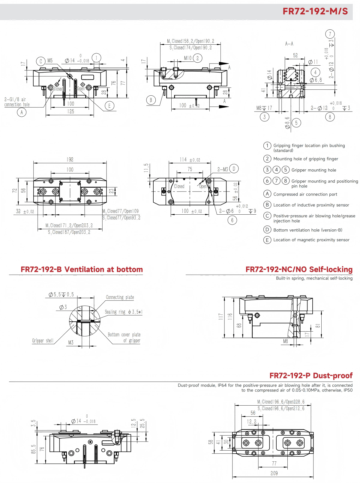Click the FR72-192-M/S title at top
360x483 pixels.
(x=315, y=11)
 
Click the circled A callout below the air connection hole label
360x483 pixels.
(x=22, y=112)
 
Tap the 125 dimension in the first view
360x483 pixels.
(x=70, y=111)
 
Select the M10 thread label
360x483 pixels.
(x=188, y=58)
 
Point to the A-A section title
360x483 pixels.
(x=289, y=44)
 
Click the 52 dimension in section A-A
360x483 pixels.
(x=295, y=55)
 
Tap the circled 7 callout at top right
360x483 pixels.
(x=330, y=34)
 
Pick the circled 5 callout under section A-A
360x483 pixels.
(x=296, y=123)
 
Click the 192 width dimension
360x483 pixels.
(x=70, y=160)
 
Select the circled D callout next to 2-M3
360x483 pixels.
(x=234, y=168)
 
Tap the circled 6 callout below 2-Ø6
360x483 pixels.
(x=232, y=220)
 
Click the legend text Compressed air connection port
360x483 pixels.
(x=305, y=194)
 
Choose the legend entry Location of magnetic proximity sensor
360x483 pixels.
(x=311, y=240)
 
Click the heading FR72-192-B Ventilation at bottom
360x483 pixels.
(x=82, y=269)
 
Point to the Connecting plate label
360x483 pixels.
(x=120, y=297)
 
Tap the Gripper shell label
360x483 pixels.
(x=43, y=341)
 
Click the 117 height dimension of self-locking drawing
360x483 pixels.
(x=221, y=316)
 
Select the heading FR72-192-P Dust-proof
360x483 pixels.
(x=311, y=375)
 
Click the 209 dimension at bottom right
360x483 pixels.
(x=274, y=473)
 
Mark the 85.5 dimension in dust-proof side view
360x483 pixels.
(x=34, y=449)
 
